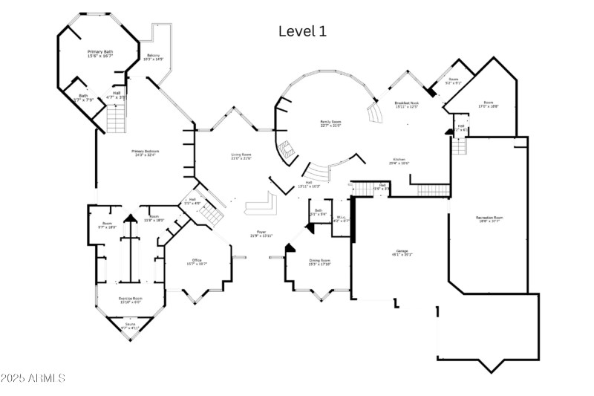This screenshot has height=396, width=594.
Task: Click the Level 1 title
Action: (301, 31)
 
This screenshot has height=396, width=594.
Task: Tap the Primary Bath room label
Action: (100, 53)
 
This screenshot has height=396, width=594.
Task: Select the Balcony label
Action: (154, 57)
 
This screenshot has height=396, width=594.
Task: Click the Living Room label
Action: (241, 156)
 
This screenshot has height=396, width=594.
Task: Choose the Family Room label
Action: (330, 123)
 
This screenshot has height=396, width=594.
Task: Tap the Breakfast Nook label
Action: (406, 105)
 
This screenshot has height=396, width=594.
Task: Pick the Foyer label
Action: (261, 233)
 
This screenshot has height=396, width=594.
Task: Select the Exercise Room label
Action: (131, 299)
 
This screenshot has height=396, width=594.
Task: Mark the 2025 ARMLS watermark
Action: (33, 378)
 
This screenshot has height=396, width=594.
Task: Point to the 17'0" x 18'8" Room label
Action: (489, 104)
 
